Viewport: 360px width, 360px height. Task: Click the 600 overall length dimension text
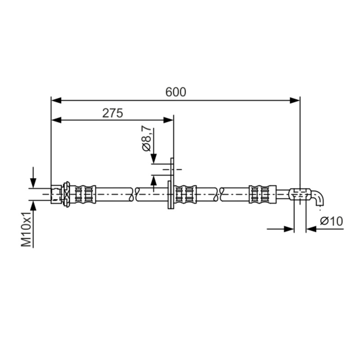[175, 92]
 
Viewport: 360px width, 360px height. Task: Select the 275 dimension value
[112, 113]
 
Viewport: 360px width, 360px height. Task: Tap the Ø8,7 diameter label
[147, 138]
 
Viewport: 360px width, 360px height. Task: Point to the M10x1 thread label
[27, 229]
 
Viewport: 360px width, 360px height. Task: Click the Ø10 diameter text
[331, 221]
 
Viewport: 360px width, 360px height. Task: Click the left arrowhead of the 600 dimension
[56, 100]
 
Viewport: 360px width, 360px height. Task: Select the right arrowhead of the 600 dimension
[295, 100]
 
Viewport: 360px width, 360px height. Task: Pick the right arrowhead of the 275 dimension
[168, 120]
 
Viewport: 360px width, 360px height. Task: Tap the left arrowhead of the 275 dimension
[56, 120]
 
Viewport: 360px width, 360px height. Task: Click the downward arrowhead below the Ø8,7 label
[153, 159]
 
